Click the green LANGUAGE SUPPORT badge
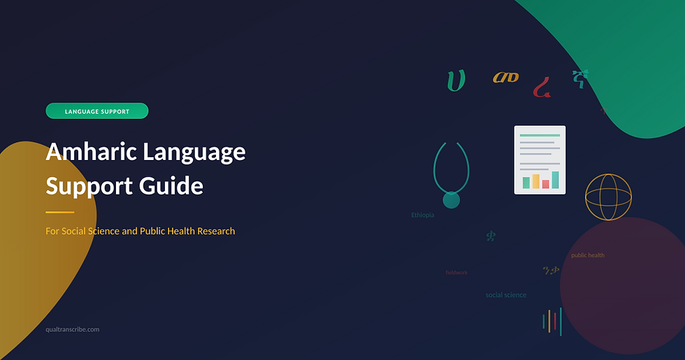point(96,111)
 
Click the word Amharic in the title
point(94,152)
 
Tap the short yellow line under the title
point(59,212)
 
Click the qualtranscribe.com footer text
point(72,329)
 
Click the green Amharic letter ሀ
point(456,81)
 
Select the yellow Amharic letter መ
point(505,78)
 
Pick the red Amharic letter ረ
point(541,87)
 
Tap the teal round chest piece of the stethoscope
point(452,200)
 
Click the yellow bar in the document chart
point(536,181)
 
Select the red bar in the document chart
point(545,184)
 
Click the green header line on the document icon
point(540,136)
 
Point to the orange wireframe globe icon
point(608,197)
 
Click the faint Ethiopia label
point(422,215)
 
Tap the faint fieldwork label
point(456,273)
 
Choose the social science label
point(506,295)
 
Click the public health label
point(588,255)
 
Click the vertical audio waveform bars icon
point(552,321)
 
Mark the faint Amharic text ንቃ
point(551,271)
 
